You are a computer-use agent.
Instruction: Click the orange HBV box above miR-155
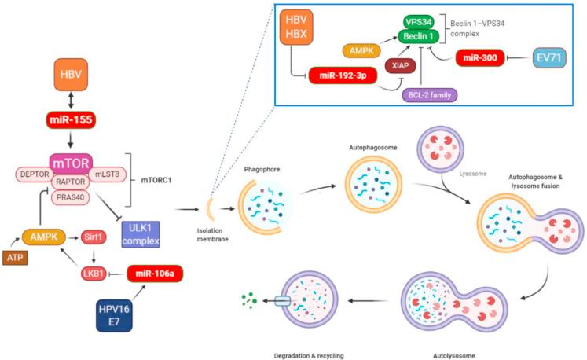pyautogui.click(x=71, y=74)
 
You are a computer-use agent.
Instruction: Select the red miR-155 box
pyautogui.click(x=71, y=120)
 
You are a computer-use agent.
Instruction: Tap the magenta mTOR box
pyautogui.click(x=72, y=163)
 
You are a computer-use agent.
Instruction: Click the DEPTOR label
pyautogui.click(x=35, y=174)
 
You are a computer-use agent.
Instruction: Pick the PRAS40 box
pyautogui.click(x=71, y=197)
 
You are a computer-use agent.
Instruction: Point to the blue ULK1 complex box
pyautogui.click(x=141, y=234)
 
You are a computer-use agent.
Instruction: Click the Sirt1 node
pyautogui.click(x=94, y=237)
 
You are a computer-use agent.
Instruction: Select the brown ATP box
pyautogui.click(x=15, y=258)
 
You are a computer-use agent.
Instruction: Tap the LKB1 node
pyautogui.click(x=94, y=274)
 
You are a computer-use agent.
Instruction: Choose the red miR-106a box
pyautogui.click(x=155, y=274)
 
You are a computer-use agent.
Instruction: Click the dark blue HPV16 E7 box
pyautogui.click(x=114, y=315)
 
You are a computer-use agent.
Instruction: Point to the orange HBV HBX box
pyautogui.click(x=296, y=27)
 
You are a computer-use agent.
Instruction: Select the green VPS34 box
pyautogui.click(x=419, y=22)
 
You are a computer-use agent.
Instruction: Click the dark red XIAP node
pyautogui.click(x=400, y=65)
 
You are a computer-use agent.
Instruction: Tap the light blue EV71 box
pyautogui.click(x=549, y=57)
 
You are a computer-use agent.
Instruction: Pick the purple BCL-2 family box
pyautogui.click(x=429, y=95)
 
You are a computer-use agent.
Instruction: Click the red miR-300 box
pyautogui.click(x=480, y=57)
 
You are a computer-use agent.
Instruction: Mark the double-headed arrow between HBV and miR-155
pyautogui.click(x=71, y=101)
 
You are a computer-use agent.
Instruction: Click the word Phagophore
pyautogui.click(x=262, y=169)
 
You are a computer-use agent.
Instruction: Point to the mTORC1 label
pyautogui.click(x=156, y=180)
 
